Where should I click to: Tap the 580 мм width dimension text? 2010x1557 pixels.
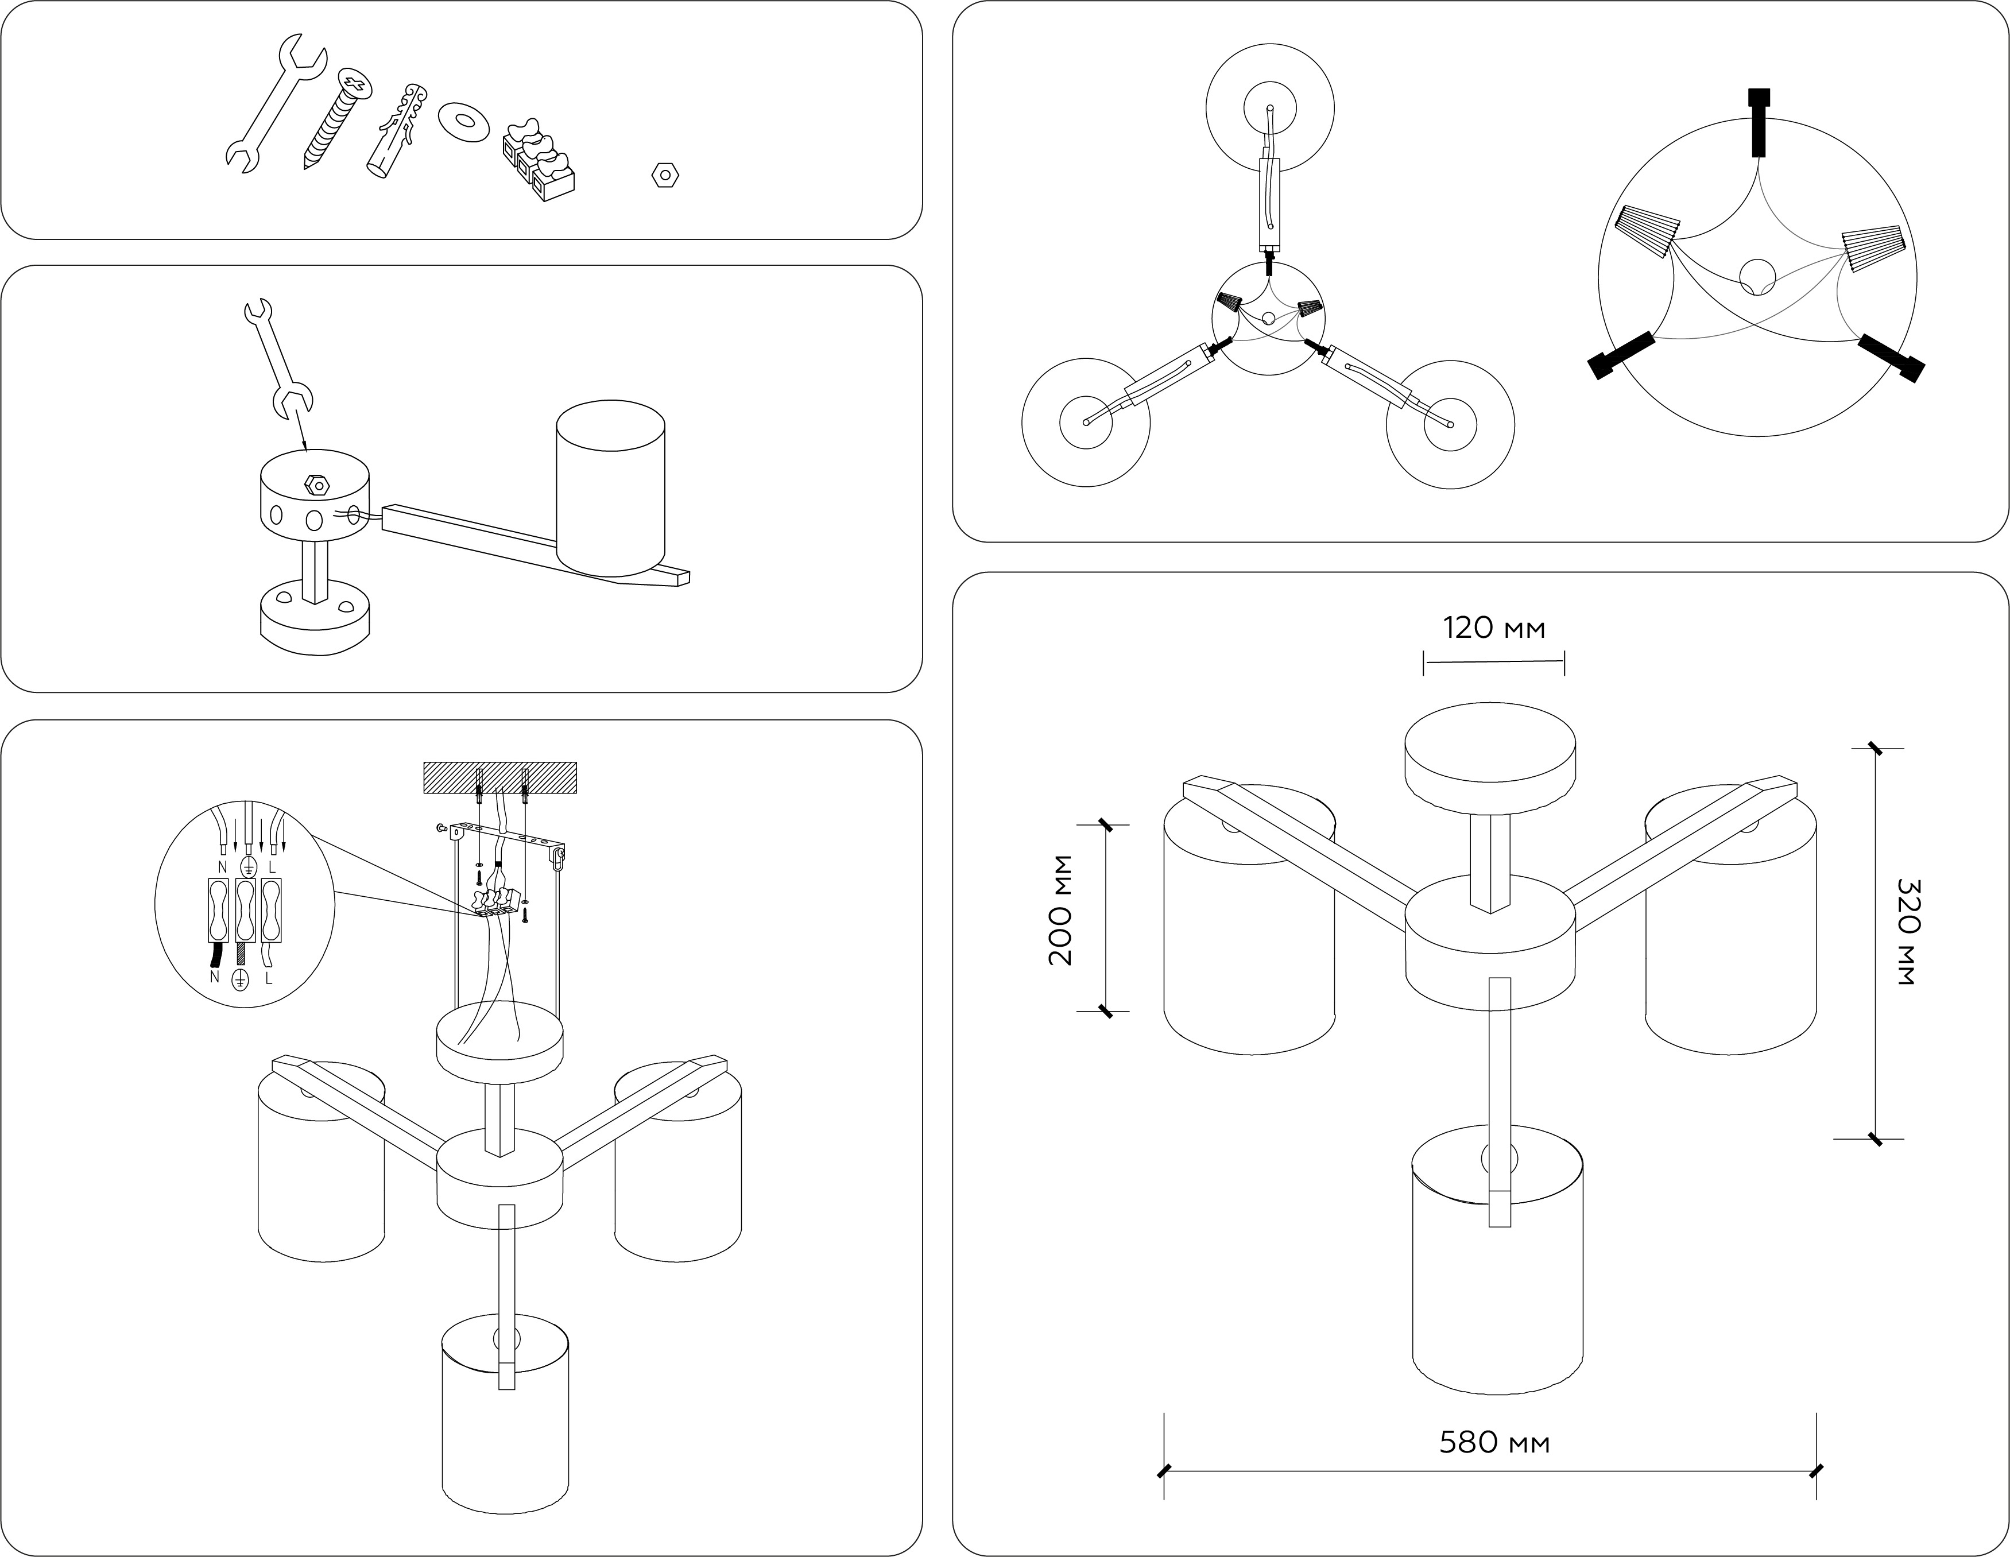click(x=1494, y=1442)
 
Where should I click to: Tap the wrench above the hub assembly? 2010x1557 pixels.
click(x=278, y=357)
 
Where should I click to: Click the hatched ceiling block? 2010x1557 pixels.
click(x=499, y=777)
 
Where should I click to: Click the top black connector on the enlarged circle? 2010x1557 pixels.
click(x=1759, y=122)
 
